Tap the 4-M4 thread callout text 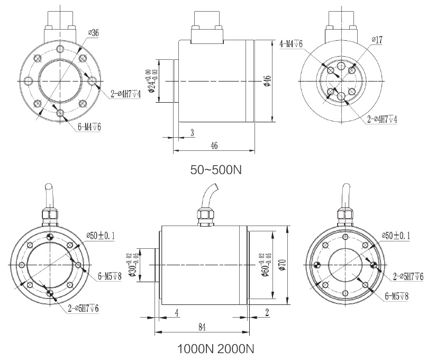click(290, 44)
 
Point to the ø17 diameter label click(377, 40)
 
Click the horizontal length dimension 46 click(214, 145)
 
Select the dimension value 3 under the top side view click(192, 132)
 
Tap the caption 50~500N click(212, 170)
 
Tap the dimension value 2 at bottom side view click(268, 312)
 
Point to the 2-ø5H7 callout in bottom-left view click(83, 308)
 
